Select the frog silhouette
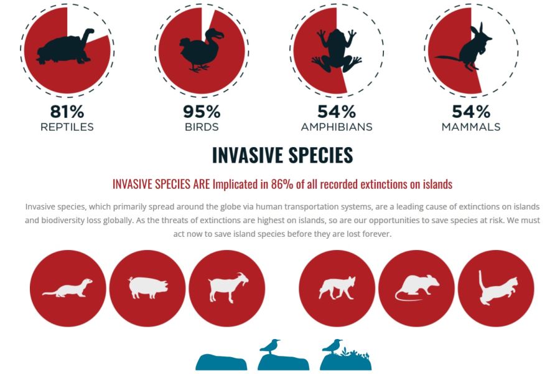pos(336,50)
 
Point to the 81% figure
pos(67,112)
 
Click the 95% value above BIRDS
pos(202,112)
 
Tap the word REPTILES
pos(67,127)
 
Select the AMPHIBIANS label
pos(337,127)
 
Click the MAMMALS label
pos(471,127)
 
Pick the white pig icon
pos(148,287)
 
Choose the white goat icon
pos(228,287)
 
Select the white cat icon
pos(498,288)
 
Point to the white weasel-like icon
pos(67,288)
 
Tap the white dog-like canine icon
pos(337,288)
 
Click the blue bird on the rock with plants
pos(332,345)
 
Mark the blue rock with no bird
pos(222,362)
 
